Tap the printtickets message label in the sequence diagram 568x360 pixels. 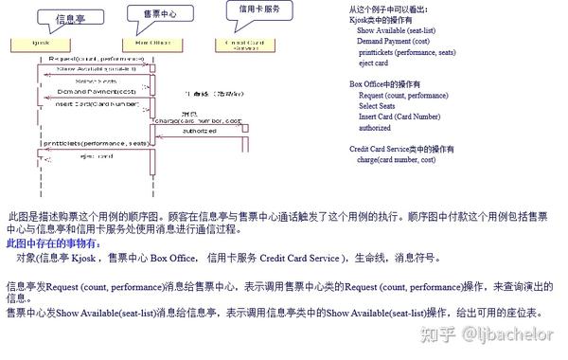95,142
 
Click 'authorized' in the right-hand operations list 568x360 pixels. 375,128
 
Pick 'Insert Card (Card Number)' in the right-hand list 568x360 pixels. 399,117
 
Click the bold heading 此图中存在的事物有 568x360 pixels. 51,243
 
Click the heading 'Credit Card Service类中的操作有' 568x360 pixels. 401,150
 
